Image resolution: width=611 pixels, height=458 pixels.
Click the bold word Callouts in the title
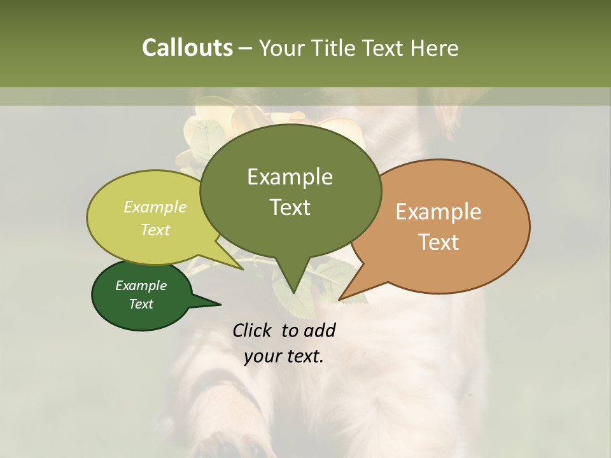187,48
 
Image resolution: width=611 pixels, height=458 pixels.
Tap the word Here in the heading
434,48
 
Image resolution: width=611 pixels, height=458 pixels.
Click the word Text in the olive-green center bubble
290,207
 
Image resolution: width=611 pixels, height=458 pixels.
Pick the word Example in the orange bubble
439,212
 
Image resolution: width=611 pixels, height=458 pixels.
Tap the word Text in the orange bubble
439,242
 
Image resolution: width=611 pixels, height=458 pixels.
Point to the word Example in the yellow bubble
155,207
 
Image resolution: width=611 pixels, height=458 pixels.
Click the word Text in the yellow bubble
155,230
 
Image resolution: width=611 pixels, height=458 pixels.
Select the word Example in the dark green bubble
141,286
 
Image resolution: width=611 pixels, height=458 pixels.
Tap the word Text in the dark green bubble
141,304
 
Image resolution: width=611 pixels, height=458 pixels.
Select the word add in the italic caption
320,330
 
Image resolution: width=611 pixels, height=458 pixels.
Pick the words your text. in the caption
283,356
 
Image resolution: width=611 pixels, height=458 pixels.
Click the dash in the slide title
246,48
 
